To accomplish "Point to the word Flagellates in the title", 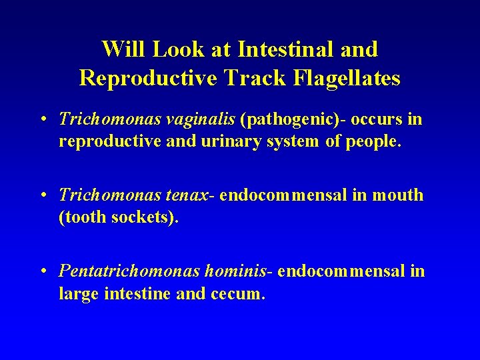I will coord(345,79).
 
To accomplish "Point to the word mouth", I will coord(399,195).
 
